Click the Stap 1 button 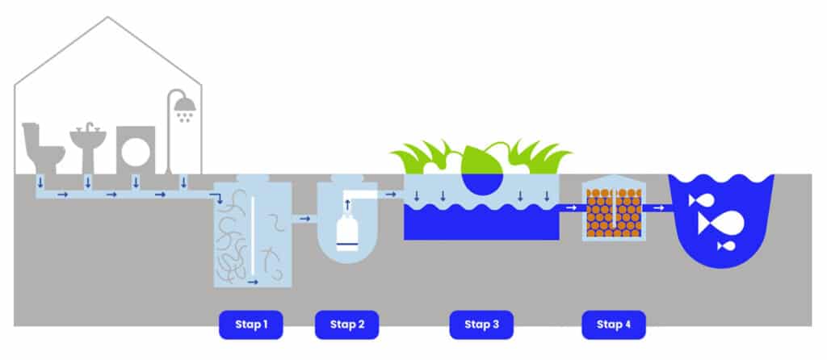pos(251,324)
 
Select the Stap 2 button pos(347,324)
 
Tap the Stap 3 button pos(481,324)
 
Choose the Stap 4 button pos(614,324)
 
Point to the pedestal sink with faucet pos(87,145)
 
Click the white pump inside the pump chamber pos(347,236)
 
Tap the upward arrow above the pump pos(348,207)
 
